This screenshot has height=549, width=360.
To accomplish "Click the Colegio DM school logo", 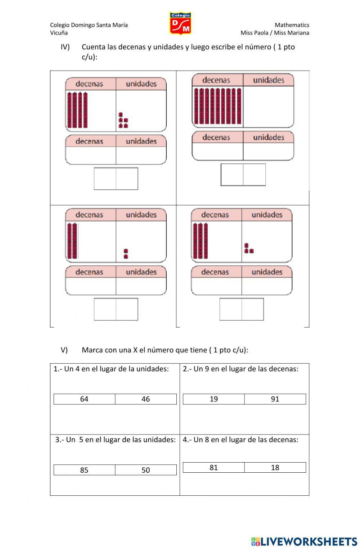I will [180, 23].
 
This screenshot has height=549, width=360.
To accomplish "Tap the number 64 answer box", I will [84, 399].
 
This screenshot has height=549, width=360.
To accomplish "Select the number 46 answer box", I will [146, 399].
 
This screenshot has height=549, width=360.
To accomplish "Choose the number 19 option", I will [213, 399].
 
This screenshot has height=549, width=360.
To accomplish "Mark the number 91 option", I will [275, 399].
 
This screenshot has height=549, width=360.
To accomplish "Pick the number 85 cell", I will [84, 470].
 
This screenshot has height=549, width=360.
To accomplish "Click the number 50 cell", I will [146, 470].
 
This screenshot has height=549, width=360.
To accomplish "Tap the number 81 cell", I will [213, 467].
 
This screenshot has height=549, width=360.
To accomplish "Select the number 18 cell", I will [275, 467].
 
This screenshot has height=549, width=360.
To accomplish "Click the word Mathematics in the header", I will [292, 25].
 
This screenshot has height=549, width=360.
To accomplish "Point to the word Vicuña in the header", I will [59, 33].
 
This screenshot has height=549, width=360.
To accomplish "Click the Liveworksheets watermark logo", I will [304, 541].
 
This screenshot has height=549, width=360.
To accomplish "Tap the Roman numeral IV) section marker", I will [65, 47].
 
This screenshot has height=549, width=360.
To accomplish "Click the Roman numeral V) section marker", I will [64, 350].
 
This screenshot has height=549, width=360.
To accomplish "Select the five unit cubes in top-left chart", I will [123, 121].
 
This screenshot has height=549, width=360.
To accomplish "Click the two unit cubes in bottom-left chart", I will [126, 254].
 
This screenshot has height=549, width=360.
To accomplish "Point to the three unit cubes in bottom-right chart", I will [248, 248].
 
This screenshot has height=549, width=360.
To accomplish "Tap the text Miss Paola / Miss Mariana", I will [275, 33].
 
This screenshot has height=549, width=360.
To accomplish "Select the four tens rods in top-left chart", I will [77, 110].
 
